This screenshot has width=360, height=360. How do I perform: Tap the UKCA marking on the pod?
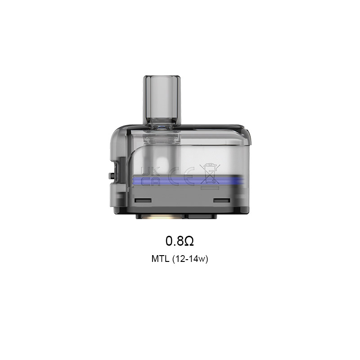tap(147, 176)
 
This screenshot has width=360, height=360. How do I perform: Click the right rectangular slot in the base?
tap(221, 199)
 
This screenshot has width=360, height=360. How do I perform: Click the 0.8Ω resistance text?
tap(180, 241)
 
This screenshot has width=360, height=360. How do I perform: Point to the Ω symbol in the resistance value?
tap(189, 241)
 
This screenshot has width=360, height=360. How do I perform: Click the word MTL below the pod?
tap(161, 260)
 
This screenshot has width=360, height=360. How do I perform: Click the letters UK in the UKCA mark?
tap(147, 171)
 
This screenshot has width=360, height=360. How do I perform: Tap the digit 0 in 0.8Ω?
tap(170, 241)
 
